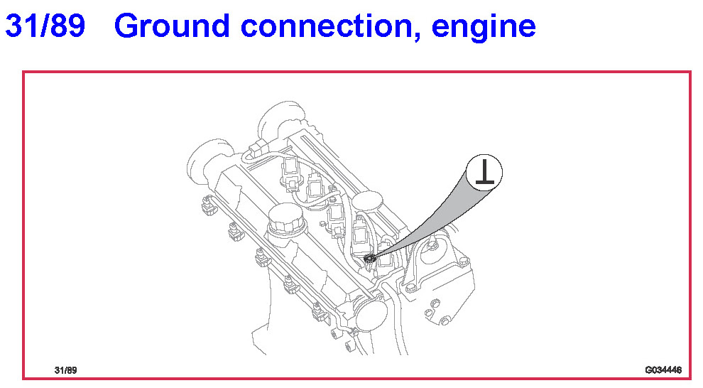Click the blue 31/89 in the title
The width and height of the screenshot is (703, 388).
pos(45,26)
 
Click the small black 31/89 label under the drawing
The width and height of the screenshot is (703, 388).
pos(65,370)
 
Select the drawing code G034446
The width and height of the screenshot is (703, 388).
pos(663,370)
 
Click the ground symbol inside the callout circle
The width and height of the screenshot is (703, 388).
pos(485,173)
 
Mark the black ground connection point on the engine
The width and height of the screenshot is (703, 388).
pos(370,259)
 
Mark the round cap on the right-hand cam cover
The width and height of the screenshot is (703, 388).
pos(367,201)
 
